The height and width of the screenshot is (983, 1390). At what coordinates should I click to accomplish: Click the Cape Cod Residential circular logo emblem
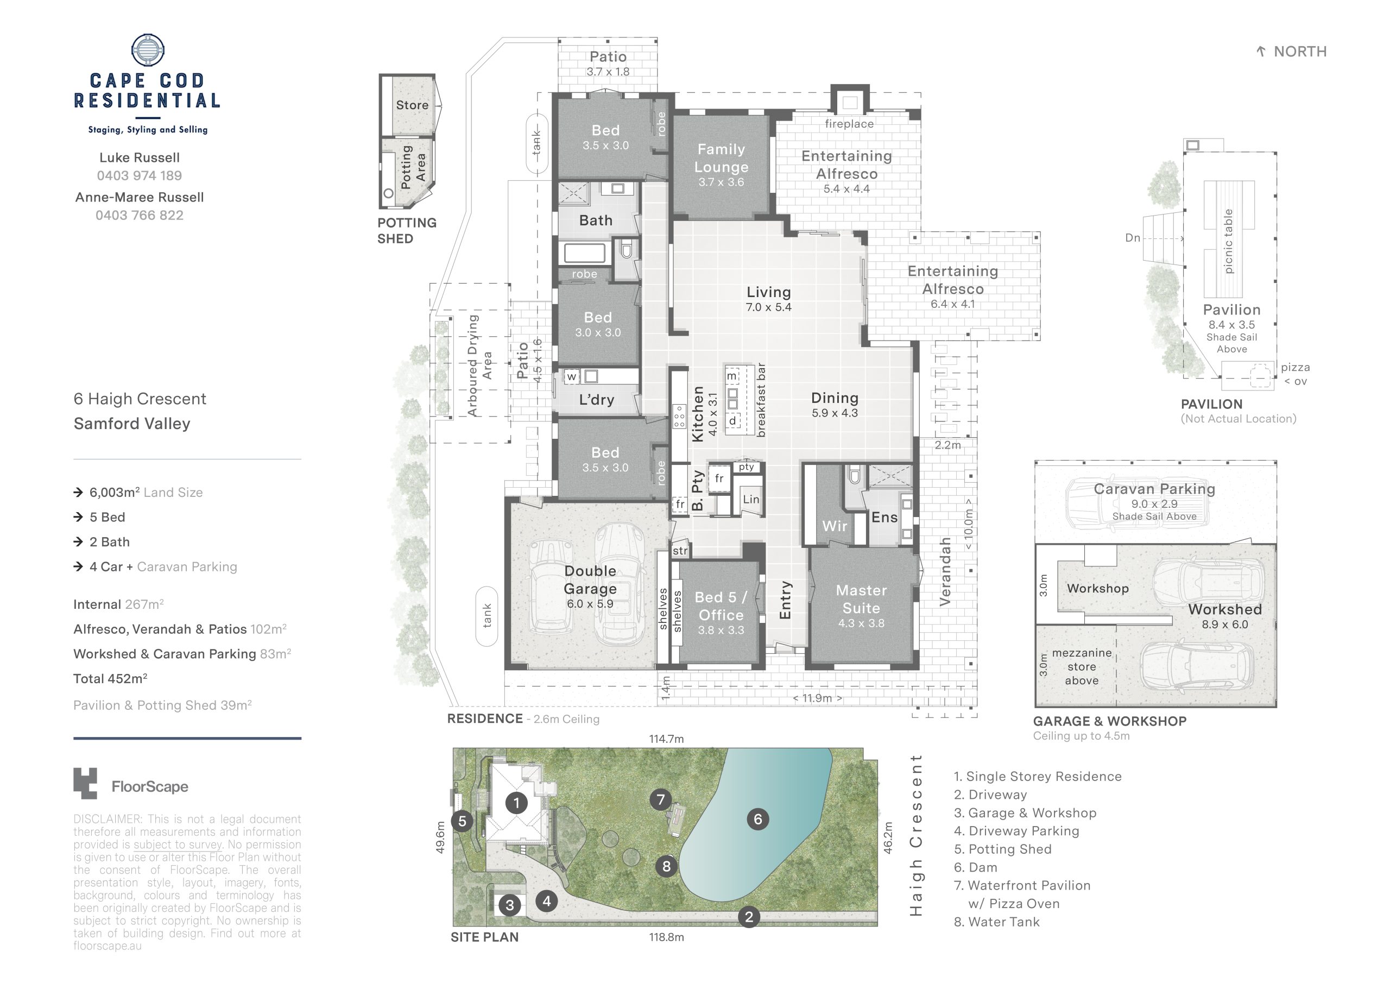click(x=148, y=49)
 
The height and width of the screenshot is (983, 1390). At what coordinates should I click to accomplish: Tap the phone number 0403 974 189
click(x=139, y=175)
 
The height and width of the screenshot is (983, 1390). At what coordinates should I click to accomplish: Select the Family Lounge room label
click(x=721, y=158)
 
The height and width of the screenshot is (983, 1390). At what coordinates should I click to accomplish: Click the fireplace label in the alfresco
click(x=849, y=124)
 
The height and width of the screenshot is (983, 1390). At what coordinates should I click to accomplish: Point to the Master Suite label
click(x=861, y=599)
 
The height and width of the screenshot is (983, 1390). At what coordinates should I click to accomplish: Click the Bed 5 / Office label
click(x=721, y=606)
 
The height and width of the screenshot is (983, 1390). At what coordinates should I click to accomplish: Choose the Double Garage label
click(x=590, y=579)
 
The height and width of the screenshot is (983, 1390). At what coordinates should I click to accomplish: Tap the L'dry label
click(x=596, y=400)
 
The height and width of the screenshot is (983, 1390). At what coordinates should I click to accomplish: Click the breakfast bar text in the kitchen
click(x=761, y=400)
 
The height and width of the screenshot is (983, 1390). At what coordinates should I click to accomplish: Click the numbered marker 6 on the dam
click(x=757, y=820)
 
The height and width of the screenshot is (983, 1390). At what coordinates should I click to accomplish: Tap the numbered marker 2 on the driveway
click(x=749, y=917)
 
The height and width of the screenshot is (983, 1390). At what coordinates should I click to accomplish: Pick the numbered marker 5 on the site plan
click(x=463, y=821)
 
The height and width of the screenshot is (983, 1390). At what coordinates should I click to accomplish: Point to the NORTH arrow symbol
click(x=1261, y=52)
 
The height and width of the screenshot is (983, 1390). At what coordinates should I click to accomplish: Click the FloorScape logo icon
click(x=85, y=784)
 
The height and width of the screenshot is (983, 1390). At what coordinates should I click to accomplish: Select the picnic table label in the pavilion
click(x=1228, y=241)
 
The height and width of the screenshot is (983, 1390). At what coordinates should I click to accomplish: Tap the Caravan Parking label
click(x=1154, y=489)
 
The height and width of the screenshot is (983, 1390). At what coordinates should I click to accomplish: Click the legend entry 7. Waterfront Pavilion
click(x=1022, y=885)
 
